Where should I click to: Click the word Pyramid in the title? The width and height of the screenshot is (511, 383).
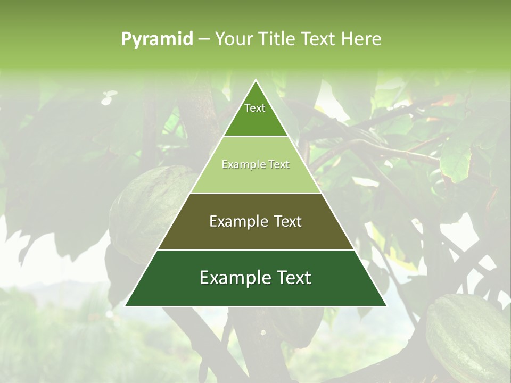(157, 39)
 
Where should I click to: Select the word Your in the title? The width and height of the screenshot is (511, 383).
(232, 39)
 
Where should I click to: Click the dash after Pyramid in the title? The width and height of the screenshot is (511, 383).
(203, 39)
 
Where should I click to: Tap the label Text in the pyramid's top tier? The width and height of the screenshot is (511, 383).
(255, 108)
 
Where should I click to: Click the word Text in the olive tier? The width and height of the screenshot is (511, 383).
(288, 221)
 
